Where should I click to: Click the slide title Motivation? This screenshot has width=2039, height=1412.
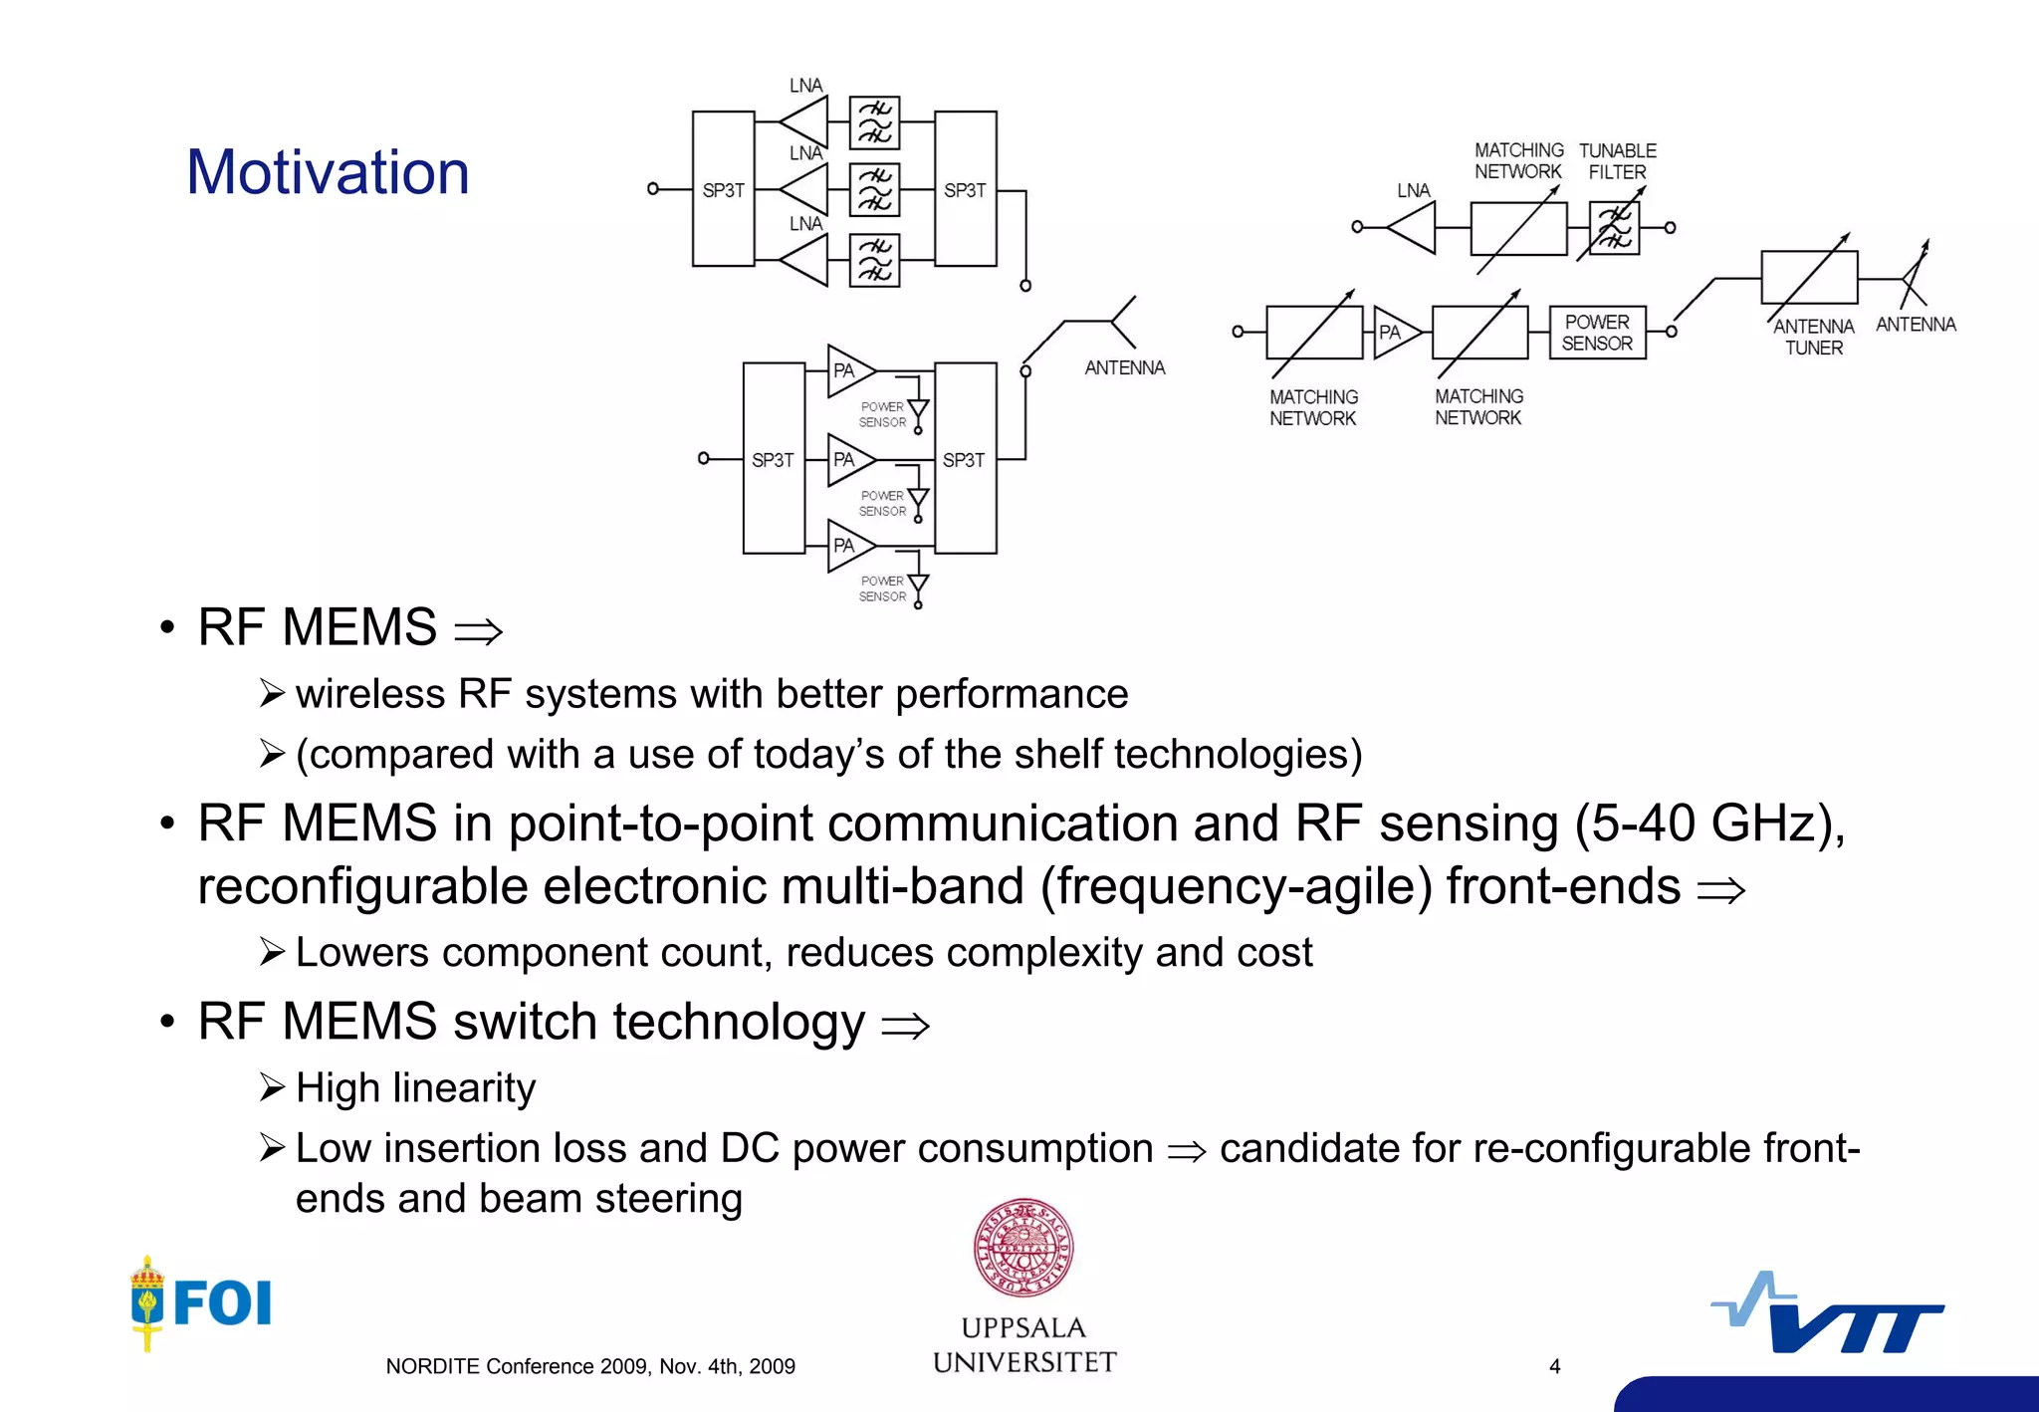328,172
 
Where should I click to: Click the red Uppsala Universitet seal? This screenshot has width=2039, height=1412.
1023,1248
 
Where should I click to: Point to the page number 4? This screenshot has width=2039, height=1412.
1554,1366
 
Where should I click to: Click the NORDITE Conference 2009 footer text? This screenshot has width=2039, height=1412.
589,1366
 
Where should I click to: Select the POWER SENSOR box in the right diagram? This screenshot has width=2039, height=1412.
1597,333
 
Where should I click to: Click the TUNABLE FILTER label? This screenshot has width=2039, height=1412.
1617,161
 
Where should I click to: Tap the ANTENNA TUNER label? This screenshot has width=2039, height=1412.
1813,337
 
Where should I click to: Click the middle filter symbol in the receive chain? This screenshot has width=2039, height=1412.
874,189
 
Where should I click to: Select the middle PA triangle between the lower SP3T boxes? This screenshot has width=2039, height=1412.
848,460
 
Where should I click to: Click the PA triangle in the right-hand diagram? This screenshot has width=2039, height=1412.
1394,332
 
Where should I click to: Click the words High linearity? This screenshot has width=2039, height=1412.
415,1087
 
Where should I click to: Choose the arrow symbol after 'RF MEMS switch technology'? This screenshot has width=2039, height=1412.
905,1025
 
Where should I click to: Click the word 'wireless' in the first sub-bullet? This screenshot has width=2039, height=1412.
369,694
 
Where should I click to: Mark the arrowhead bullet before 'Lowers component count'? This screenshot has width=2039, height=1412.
272,952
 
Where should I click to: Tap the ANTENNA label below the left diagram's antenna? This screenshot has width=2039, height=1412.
1124,367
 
